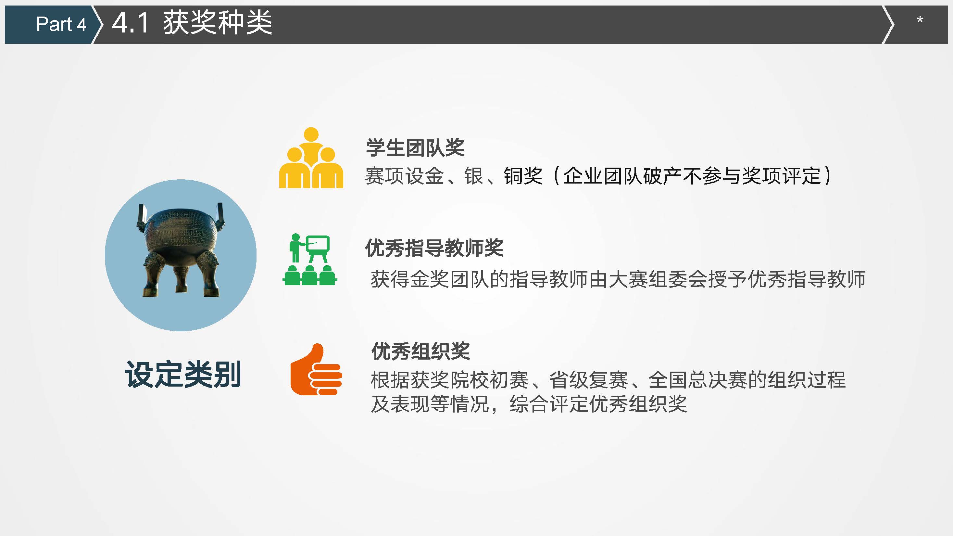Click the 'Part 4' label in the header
tap(61, 24)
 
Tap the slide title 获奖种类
tap(218, 23)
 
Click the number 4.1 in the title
tap(130, 23)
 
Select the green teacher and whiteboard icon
tap(310, 259)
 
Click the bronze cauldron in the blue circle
tap(181, 249)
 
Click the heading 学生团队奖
tap(415, 148)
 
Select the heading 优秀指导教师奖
tap(434, 248)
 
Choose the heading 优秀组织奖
tap(420, 351)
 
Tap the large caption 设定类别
tap(183, 374)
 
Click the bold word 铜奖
tap(523, 176)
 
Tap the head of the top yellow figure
tap(311, 134)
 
